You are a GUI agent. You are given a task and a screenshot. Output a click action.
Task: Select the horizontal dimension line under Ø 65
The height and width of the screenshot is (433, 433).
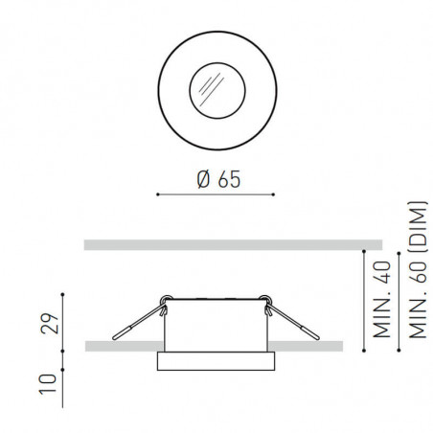click(x=216, y=196)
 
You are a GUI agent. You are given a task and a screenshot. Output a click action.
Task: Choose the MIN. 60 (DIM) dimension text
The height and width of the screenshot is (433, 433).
click(x=416, y=271)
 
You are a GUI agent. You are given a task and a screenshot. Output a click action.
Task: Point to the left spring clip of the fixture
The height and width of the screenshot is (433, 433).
click(x=140, y=322)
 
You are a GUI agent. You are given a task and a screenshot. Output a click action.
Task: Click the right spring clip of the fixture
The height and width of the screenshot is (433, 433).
click(x=293, y=322)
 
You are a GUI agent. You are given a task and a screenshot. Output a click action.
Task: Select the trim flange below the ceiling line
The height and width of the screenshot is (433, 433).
click(x=216, y=361)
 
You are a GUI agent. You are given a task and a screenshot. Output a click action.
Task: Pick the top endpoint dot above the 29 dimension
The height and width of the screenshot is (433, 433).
click(x=62, y=291)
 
